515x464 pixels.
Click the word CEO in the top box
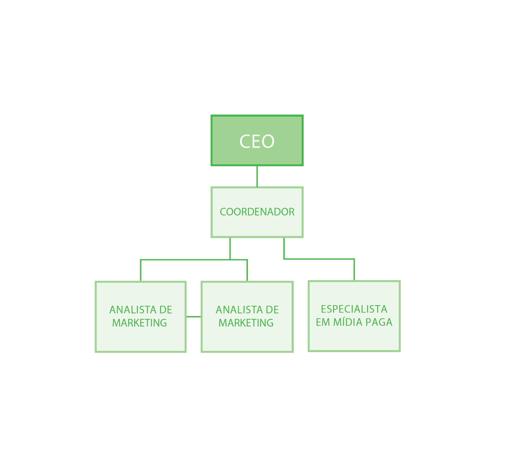[257, 141]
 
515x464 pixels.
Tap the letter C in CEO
[245, 141]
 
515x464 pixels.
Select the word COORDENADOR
[257, 212]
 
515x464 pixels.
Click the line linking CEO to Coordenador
[257, 176]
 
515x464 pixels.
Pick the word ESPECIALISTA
[354, 309]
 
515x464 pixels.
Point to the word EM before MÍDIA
[323, 322]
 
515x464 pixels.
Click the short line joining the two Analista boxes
[193, 316]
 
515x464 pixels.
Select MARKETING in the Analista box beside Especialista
[246, 323]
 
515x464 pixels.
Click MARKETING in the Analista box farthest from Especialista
[139, 323]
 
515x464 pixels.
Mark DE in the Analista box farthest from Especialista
[166, 310]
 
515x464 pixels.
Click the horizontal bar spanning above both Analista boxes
[194, 260]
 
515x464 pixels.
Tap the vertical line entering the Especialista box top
[354, 269]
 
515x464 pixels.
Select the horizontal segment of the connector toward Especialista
[319, 259]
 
